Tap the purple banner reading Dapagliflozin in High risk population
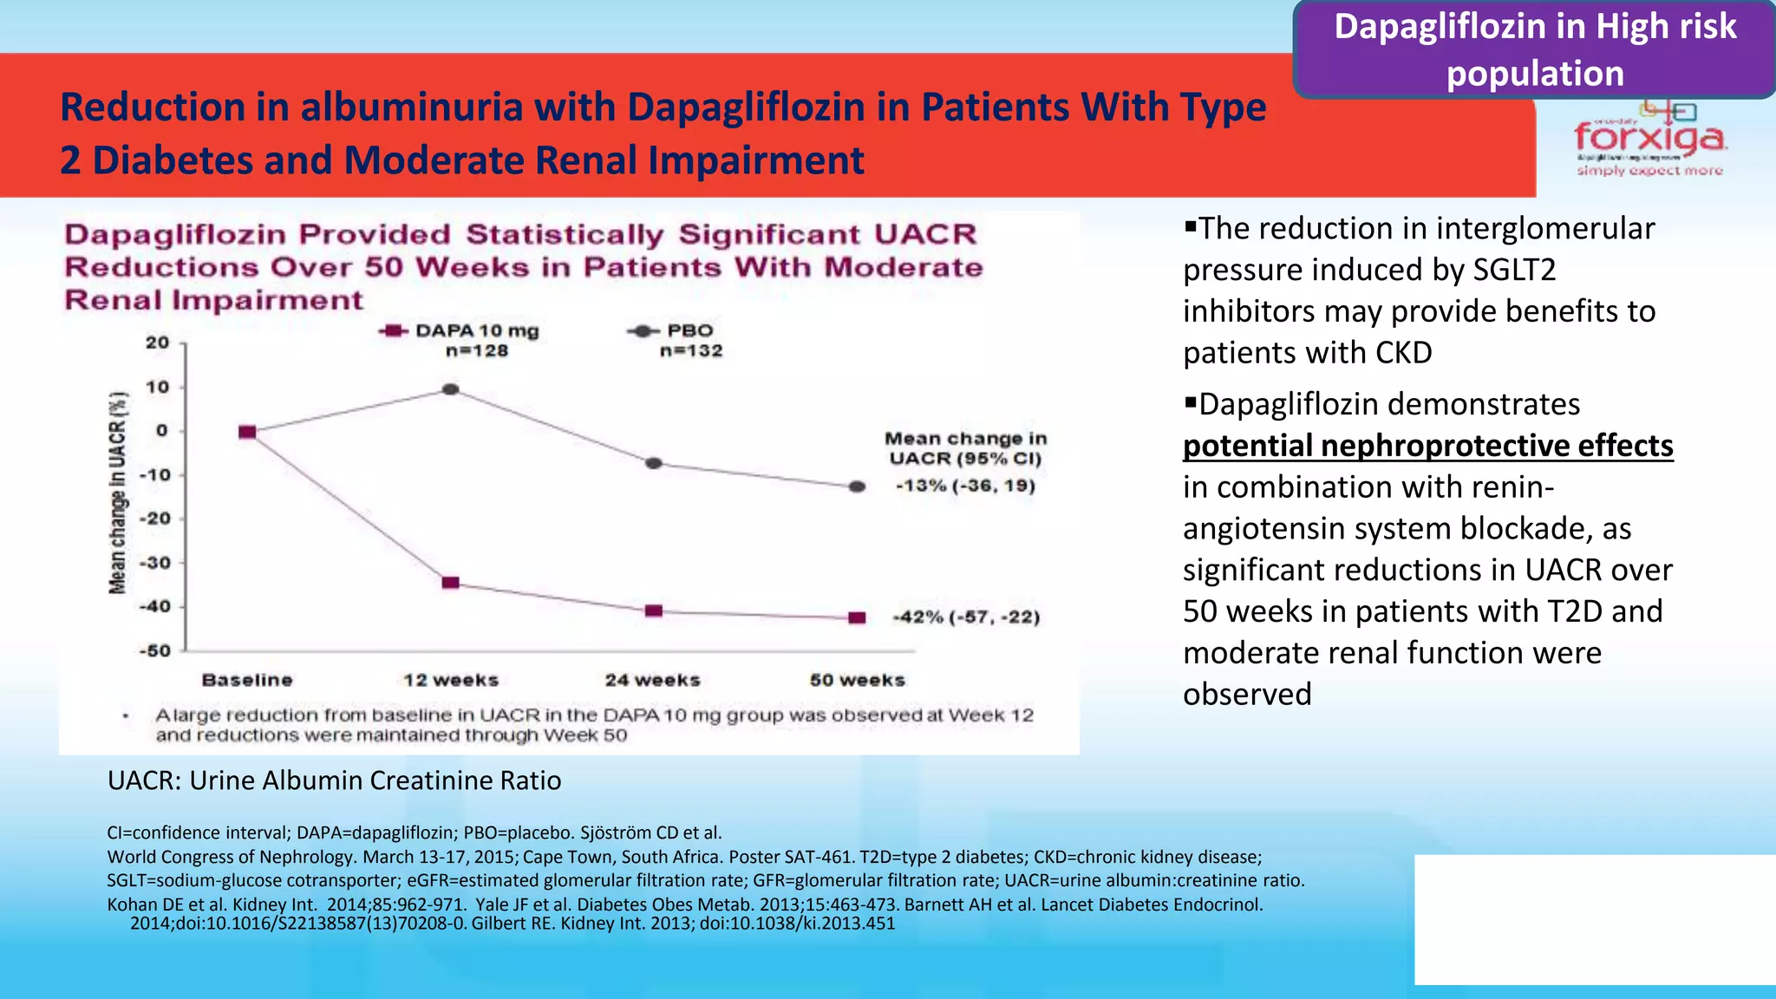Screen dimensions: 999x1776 point(1534,49)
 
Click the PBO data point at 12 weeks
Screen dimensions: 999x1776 point(450,389)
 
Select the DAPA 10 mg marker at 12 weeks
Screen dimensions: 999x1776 point(450,583)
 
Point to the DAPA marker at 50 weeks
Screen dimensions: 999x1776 point(857,618)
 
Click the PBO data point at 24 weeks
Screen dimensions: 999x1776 point(654,463)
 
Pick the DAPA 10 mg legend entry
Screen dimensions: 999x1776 point(460,331)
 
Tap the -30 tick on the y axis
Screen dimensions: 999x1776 point(157,563)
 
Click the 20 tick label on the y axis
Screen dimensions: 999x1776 point(157,343)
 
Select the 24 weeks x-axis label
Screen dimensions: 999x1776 point(652,680)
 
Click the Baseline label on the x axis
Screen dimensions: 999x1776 point(247,680)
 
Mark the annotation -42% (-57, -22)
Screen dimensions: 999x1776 point(966,617)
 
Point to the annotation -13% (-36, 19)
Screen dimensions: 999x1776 point(965,486)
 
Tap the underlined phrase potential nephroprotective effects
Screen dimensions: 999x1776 point(1427,446)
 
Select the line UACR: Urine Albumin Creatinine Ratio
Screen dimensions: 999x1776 point(334,780)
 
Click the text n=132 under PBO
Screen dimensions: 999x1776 point(690,351)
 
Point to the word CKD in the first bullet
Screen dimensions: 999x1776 point(1403,353)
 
